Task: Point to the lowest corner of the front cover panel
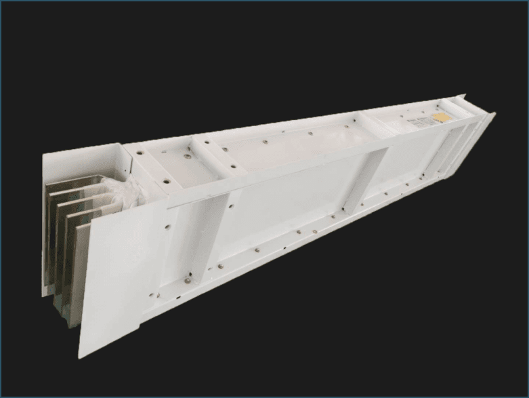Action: click(x=83, y=357)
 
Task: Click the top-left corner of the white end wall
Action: click(x=44, y=154)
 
